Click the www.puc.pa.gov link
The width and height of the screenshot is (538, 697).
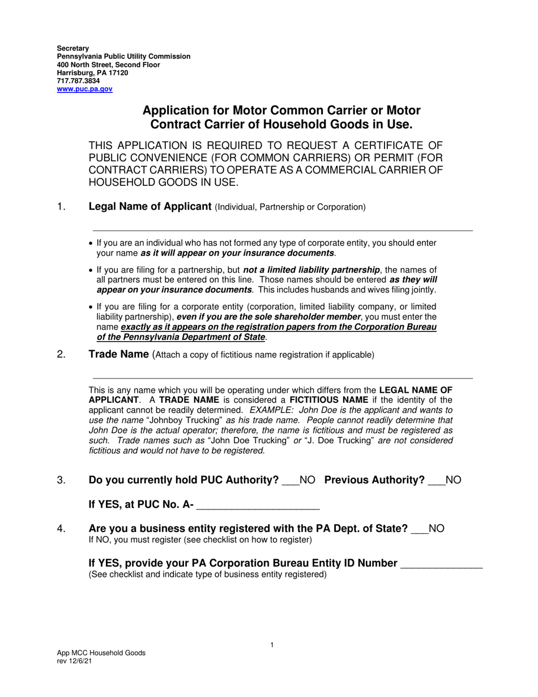click(84, 90)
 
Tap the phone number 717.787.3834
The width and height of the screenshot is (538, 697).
click(78, 81)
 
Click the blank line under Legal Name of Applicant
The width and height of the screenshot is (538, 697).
click(283, 227)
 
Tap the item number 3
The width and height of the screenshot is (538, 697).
click(61, 480)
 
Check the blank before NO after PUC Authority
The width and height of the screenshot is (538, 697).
click(290, 482)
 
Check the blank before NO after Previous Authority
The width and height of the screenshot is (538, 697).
click(436, 482)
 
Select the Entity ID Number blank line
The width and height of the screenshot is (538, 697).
click(441, 564)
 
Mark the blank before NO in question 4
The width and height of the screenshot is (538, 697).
click(420, 530)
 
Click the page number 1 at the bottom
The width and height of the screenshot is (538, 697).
click(272, 645)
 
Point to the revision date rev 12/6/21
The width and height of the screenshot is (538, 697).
click(74, 661)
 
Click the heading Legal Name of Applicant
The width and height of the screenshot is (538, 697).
click(150, 206)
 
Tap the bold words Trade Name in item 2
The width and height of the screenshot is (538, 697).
click(118, 354)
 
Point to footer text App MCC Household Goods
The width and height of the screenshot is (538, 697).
click(101, 653)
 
